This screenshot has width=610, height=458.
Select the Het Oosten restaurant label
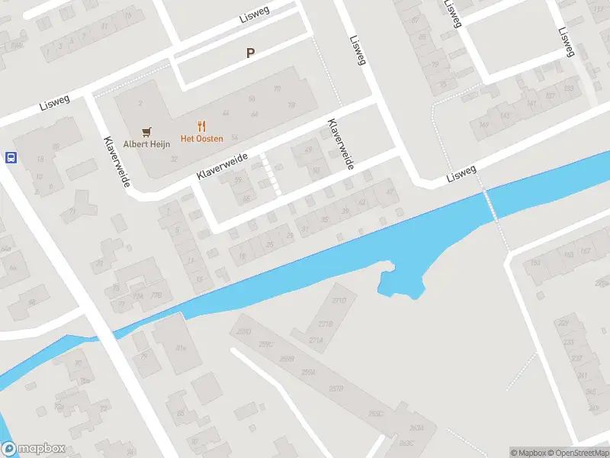pos(201,138)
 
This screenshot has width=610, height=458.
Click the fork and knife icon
pos(201,126)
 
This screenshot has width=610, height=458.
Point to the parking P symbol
pos(249,53)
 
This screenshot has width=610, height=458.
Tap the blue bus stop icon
pos(11,158)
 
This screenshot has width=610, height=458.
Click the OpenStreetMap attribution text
pos(577,453)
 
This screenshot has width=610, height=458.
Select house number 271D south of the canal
pos(339,301)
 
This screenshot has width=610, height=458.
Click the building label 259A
pos(308,372)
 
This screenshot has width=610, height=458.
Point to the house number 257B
pos(336,389)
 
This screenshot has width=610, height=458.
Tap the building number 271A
pos(316,340)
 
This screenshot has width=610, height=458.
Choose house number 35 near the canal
pos(325,219)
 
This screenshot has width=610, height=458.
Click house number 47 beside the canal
pos(390,192)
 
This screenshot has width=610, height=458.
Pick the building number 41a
pos(181,348)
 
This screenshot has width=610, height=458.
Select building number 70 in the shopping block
pos(277,89)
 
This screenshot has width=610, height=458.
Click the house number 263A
pos(416,427)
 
